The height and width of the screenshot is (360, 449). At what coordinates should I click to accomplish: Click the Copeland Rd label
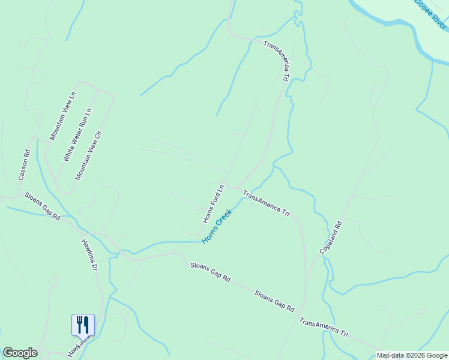pyautogui.click(x=331, y=237)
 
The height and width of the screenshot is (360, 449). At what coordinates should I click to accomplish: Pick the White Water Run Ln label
pyautogui.click(x=77, y=134)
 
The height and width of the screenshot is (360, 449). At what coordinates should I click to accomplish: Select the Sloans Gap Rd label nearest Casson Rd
pyautogui.click(x=42, y=206)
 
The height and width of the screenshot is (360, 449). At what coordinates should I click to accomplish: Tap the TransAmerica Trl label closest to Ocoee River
pyautogui.click(x=277, y=61)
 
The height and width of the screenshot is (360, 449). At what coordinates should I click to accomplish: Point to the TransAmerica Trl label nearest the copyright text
pyautogui.click(x=323, y=328)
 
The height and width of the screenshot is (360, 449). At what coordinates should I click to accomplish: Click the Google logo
pyautogui.click(x=20, y=353)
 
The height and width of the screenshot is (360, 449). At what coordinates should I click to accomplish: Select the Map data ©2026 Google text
pyautogui.click(x=412, y=355)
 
